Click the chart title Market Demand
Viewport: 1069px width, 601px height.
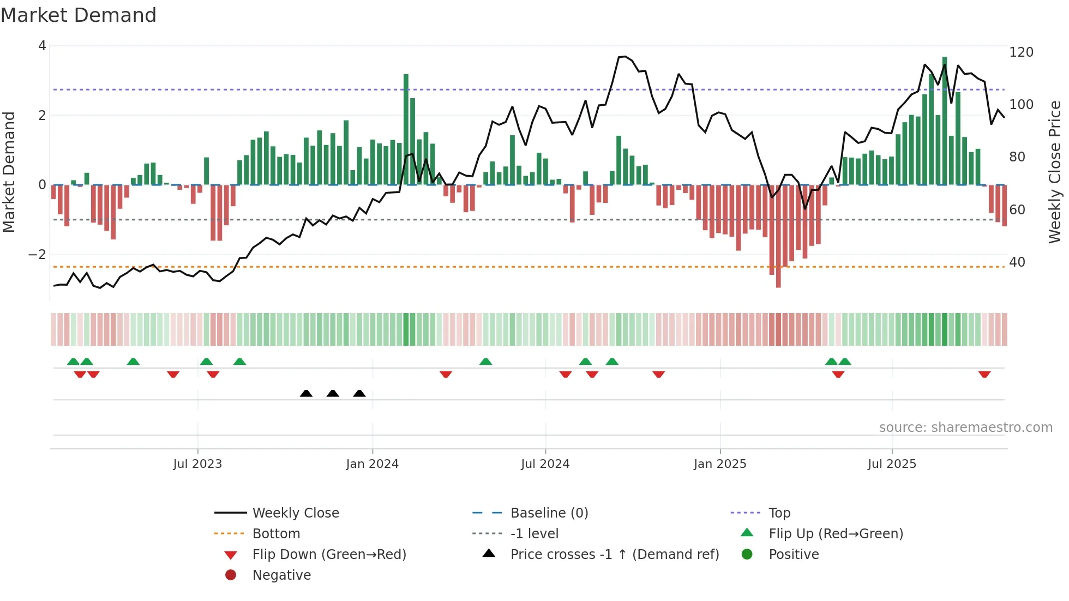point(79,15)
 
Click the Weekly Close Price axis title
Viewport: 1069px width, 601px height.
point(1055,172)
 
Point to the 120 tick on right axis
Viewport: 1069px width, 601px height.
point(1021,52)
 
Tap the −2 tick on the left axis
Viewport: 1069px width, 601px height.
point(37,255)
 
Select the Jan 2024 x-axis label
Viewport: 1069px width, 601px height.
point(372,464)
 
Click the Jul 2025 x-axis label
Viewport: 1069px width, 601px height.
point(892,464)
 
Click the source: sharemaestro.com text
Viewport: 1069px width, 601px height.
point(965,428)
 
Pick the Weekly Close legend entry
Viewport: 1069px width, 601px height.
point(295,513)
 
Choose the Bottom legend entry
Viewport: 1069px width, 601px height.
point(276,534)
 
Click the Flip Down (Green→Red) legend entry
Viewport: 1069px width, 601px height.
point(329,555)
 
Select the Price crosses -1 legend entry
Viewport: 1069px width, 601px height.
point(614,555)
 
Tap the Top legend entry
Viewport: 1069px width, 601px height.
point(779,513)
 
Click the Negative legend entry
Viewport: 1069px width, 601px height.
point(281,575)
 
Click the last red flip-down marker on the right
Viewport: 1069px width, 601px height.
point(984,375)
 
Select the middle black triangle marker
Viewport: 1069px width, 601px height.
point(333,393)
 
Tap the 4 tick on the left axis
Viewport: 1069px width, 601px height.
point(42,46)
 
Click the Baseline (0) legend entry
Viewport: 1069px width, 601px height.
point(549,513)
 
